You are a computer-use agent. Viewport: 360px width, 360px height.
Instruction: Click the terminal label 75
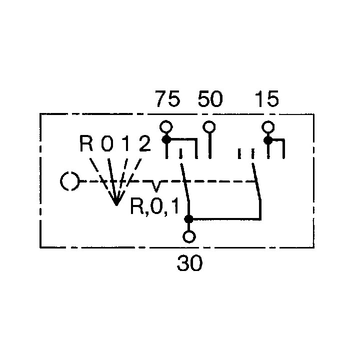168,99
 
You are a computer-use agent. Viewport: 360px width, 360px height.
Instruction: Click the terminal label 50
210,99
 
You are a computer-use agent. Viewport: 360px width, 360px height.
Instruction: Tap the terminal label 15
267,99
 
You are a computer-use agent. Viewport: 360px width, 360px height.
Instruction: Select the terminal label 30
189,263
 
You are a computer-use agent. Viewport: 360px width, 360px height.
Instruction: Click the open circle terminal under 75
166,127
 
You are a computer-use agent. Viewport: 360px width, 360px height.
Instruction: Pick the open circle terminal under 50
209,127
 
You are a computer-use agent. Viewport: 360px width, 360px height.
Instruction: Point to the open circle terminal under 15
268,127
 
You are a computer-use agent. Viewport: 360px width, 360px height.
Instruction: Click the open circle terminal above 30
189,236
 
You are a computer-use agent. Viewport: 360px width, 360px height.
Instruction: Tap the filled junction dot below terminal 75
166,139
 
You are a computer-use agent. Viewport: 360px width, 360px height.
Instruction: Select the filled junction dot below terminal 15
268,140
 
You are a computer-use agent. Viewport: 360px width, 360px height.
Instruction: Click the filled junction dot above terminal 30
189,219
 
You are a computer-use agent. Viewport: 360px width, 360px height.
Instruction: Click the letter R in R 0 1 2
86,143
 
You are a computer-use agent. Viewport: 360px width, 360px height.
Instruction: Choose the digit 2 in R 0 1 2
145,143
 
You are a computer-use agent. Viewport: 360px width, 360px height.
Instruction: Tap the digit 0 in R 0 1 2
107,143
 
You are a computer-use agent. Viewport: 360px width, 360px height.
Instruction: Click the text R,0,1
154,206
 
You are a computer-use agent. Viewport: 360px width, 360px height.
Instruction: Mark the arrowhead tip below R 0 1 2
116,205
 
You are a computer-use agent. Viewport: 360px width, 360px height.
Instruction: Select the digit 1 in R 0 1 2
126,143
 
